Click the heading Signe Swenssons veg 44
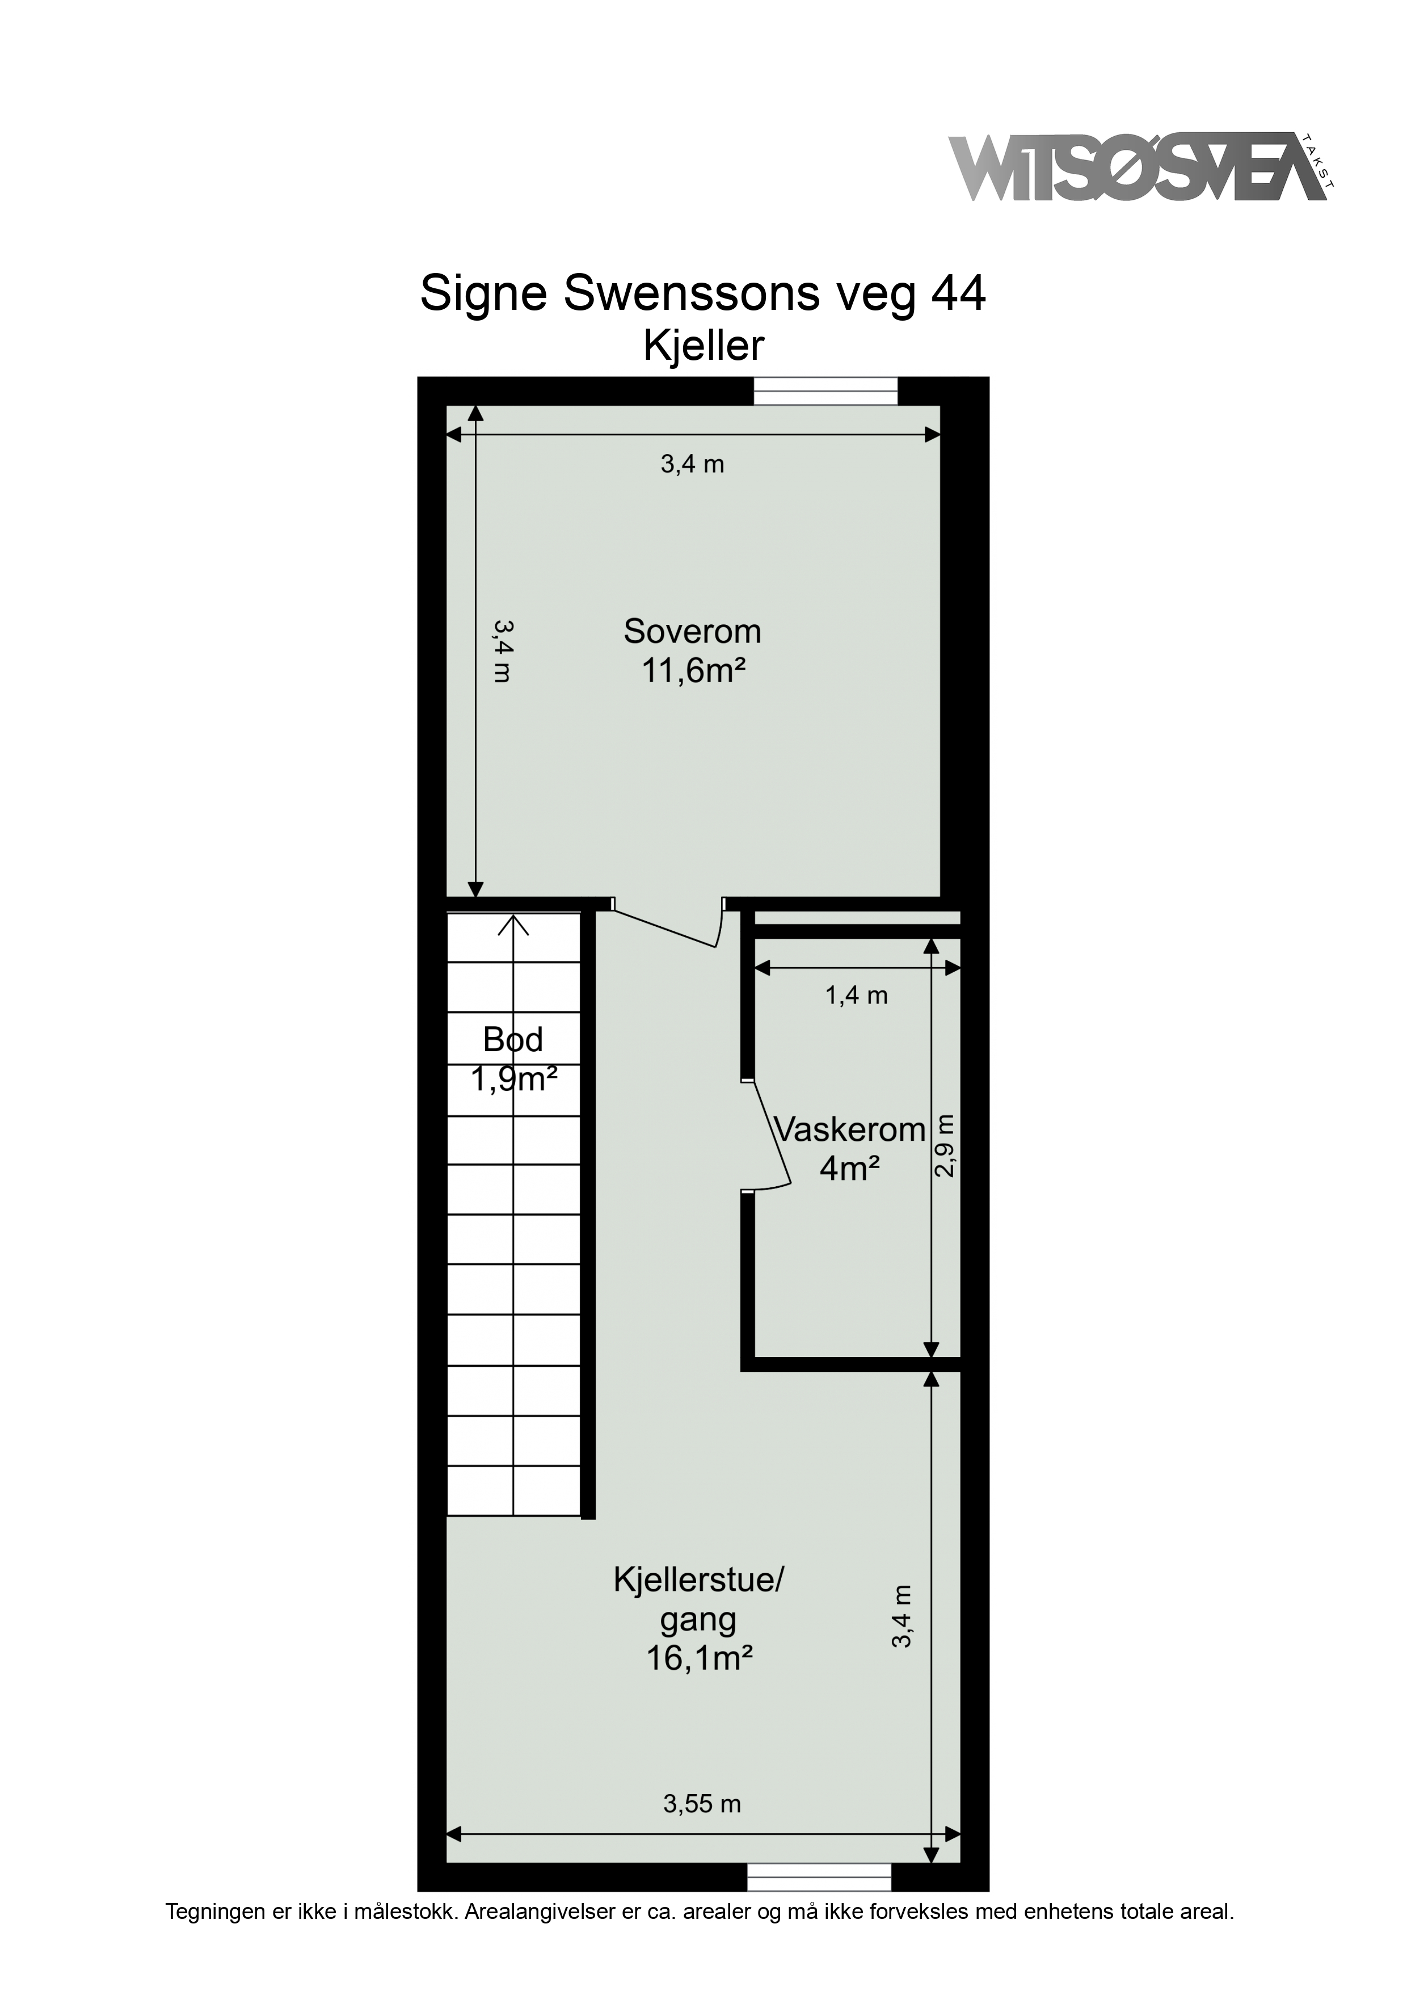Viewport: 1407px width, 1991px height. point(703,294)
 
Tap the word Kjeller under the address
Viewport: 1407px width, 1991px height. point(703,346)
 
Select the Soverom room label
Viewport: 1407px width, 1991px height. point(692,631)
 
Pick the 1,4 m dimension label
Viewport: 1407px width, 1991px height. point(857,995)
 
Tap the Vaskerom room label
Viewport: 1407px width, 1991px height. point(849,1130)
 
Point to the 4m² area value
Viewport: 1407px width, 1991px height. point(849,1169)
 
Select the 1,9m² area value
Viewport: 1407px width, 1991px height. point(513,1079)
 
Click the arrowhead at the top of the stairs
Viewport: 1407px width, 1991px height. point(513,925)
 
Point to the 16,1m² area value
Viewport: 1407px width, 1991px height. point(699,1659)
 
